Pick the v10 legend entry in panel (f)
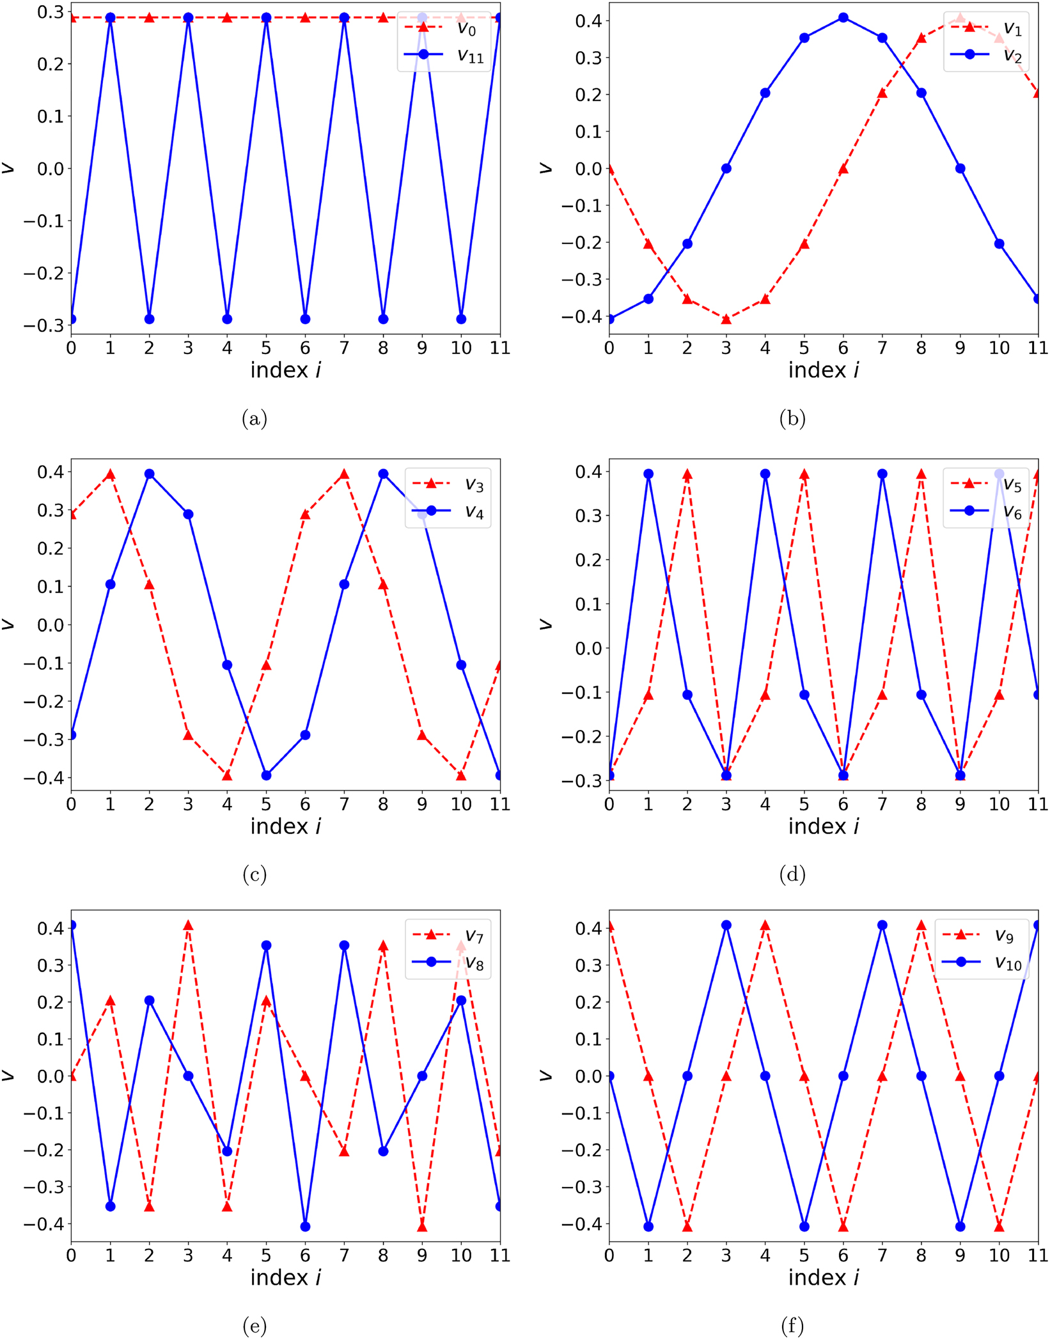pyautogui.click(x=985, y=963)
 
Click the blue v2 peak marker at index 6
pyautogui.click(x=843, y=18)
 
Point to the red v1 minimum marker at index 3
pyautogui.click(x=726, y=319)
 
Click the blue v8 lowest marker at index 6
pyautogui.click(x=305, y=1226)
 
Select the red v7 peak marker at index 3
pyautogui.click(x=188, y=925)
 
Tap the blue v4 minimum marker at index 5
pyautogui.click(x=266, y=775)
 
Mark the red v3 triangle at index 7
pyautogui.click(x=344, y=474)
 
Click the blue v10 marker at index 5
pyautogui.click(x=804, y=1226)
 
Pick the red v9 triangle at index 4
pyautogui.click(x=765, y=925)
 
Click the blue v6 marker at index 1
pyautogui.click(x=648, y=474)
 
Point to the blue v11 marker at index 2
pyautogui.click(x=149, y=319)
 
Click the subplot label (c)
pyautogui.click(x=255, y=874)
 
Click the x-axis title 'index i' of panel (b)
pyautogui.click(x=823, y=370)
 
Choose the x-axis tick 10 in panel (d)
pyautogui.click(x=999, y=804)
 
